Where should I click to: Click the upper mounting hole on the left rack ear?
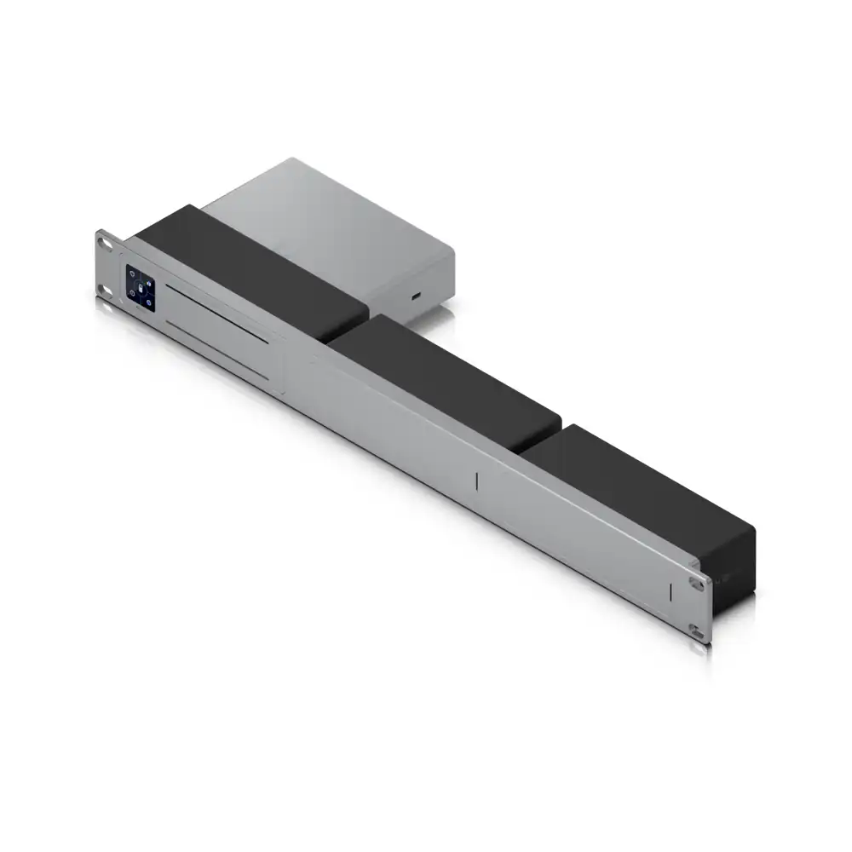[x=106, y=242]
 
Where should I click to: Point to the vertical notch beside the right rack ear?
[x=671, y=591]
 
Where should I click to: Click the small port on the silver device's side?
[x=415, y=296]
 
